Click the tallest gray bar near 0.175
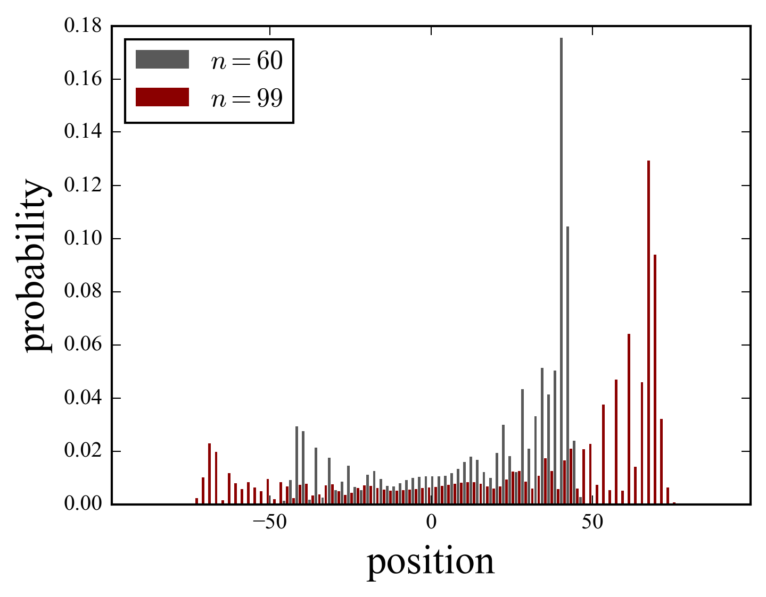pyautogui.click(x=561, y=271)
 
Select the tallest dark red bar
pyautogui.click(x=648, y=332)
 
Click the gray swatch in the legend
pyautogui.click(x=162, y=60)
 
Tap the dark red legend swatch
pyautogui.click(x=162, y=97)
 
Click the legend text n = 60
pyautogui.click(x=246, y=61)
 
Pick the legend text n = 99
pyautogui.click(x=246, y=98)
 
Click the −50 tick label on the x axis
pyautogui.click(x=269, y=523)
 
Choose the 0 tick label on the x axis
pyautogui.click(x=431, y=523)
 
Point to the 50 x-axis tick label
pyautogui.click(x=592, y=523)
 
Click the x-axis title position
pyautogui.click(x=431, y=562)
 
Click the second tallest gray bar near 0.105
pyautogui.click(x=567, y=365)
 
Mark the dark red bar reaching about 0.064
pyautogui.click(x=629, y=419)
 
